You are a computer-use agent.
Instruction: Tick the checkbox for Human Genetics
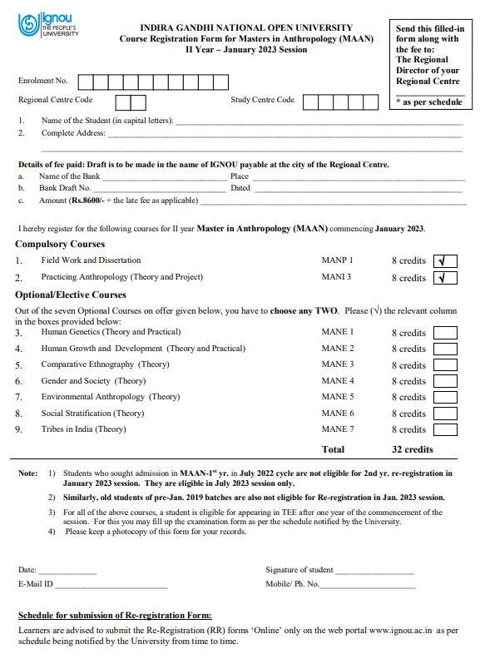pos(445,333)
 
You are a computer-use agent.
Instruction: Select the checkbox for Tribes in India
pos(445,430)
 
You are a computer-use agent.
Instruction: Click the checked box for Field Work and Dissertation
pos(445,261)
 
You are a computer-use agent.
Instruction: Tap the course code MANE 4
pos(337,381)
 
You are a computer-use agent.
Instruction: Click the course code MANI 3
pos(336,277)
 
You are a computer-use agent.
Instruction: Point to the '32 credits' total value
pos(413,449)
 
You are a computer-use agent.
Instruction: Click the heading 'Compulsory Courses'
pos(60,245)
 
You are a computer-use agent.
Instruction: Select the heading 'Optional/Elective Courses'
pos(71,295)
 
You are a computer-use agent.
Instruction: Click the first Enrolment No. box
pos(87,82)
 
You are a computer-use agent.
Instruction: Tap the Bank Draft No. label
pos(65,188)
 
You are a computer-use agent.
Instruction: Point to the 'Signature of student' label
pos(299,570)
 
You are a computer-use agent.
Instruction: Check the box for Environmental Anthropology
pos(445,398)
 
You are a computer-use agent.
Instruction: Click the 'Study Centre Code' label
pos(262,101)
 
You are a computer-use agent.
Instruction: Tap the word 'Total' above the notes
pos(333,449)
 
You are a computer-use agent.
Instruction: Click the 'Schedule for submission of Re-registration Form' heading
pos(115,616)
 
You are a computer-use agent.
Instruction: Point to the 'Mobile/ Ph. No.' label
pos(292,584)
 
